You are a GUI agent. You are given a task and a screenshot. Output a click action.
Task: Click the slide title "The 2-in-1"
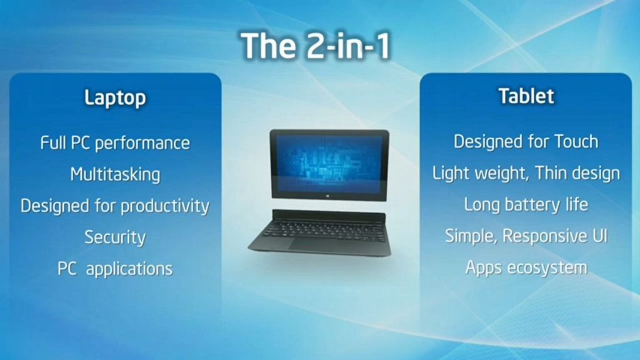click(316, 46)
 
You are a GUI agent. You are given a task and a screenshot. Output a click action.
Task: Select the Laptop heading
click(115, 98)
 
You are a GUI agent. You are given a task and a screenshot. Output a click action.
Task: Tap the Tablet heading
click(526, 96)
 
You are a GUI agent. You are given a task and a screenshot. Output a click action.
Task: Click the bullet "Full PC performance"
click(115, 143)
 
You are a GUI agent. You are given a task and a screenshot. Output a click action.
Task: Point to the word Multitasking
click(115, 175)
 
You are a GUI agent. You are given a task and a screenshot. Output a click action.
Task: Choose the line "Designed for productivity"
click(115, 206)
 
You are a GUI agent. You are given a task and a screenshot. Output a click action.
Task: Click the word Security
click(115, 237)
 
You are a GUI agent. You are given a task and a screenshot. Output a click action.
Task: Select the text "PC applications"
click(115, 269)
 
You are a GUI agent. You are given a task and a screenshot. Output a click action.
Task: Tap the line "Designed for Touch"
click(526, 142)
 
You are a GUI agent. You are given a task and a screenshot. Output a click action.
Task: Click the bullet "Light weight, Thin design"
click(526, 173)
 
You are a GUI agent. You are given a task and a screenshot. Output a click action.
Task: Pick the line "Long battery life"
click(526, 204)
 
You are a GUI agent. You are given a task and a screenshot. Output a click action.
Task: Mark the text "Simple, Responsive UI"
click(526, 236)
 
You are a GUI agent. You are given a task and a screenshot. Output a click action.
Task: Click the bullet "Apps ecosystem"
click(526, 267)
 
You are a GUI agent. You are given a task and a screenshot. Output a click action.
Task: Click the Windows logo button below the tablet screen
click(329, 196)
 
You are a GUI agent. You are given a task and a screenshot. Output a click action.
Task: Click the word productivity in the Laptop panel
click(165, 206)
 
